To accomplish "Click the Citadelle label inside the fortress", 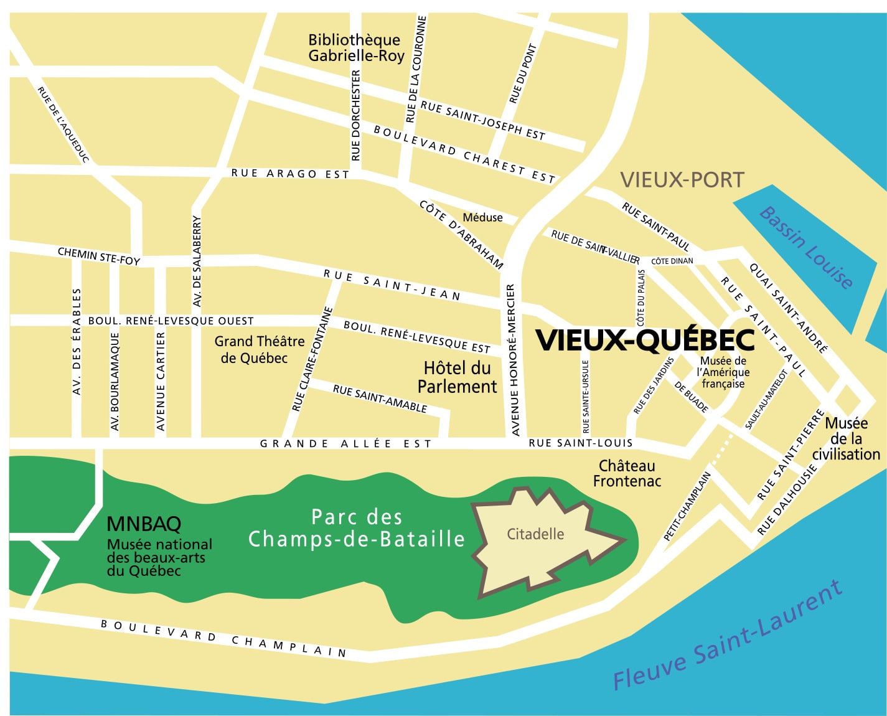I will point(535,534).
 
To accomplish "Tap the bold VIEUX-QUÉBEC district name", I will point(645,340).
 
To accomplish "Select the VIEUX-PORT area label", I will point(682,180).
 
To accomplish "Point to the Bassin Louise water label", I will point(805,247).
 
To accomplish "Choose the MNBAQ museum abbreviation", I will point(144,524).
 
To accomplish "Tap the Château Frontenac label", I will point(627,473).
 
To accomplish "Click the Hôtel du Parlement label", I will point(457,377).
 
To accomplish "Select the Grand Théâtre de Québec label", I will point(259,349).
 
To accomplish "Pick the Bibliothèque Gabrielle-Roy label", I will point(356,48).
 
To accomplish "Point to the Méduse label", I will point(482,217).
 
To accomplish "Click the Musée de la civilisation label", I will point(846,439).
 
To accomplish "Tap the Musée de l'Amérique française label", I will point(723,372).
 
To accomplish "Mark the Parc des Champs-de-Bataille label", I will point(357,528).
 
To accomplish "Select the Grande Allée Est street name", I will point(345,443).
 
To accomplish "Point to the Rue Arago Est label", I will point(290,174).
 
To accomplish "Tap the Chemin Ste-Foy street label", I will point(99,256).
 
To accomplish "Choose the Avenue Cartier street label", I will point(161,381).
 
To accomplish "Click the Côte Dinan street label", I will point(672,261).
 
